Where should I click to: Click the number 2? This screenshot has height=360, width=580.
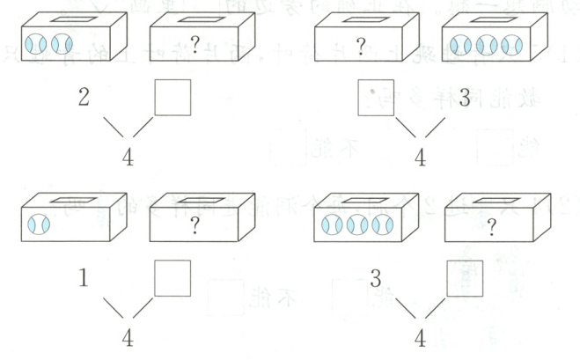pyautogui.click(x=84, y=97)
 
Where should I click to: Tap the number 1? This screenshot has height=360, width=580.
pyautogui.click(x=84, y=281)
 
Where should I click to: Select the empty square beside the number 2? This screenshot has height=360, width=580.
pyautogui.click(x=173, y=98)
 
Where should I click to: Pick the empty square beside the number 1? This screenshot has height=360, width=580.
pyautogui.click(x=173, y=277)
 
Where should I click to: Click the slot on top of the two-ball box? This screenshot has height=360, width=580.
pyautogui.click(x=73, y=18)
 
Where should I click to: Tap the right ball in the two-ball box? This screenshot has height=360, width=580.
pyautogui.click(x=61, y=44)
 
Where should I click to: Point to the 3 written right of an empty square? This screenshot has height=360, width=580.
pyautogui.click(x=465, y=97)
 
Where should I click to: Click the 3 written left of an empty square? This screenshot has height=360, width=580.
pyautogui.click(x=375, y=280)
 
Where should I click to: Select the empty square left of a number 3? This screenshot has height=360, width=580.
pyautogui.click(x=376, y=97)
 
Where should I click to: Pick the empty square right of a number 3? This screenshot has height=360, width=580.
pyautogui.click(x=464, y=278)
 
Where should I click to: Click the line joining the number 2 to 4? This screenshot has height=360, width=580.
pyautogui.click(x=114, y=127)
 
